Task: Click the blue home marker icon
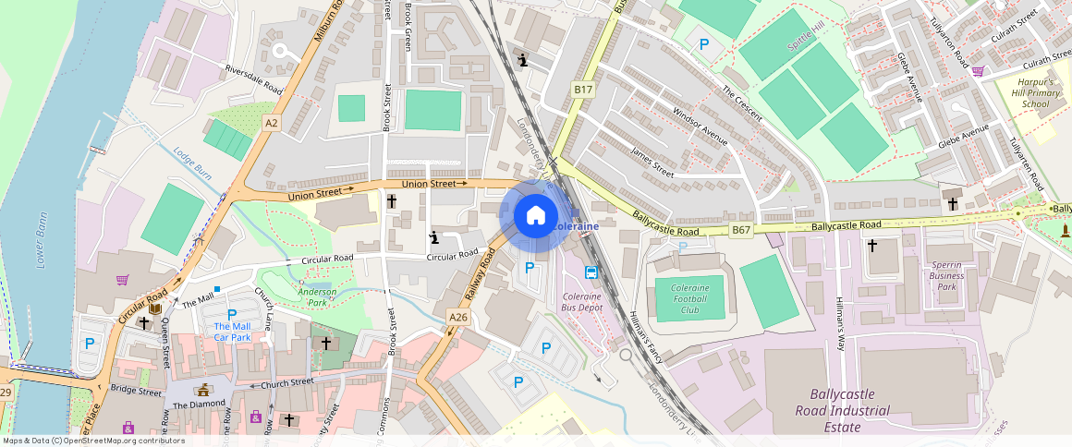(x=535, y=217)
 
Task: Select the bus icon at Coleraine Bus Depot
(x=591, y=272)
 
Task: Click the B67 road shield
(x=741, y=229)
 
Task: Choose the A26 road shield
(x=458, y=318)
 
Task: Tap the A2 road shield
(x=271, y=122)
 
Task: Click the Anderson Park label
(x=317, y=296)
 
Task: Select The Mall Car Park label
(x=232, y=332)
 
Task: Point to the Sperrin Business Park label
(x=946, y=275)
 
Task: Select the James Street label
(x=652, y=157)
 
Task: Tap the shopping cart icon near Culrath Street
(x=978, y=70)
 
